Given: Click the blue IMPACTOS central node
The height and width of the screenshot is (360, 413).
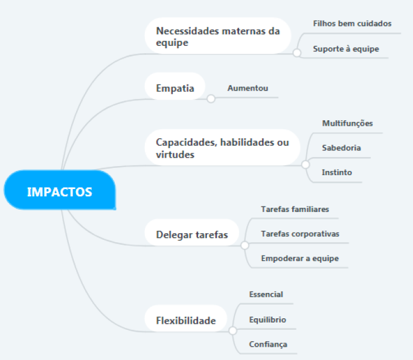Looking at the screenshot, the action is pos(59,192).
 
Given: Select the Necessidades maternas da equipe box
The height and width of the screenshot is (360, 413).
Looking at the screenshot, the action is pos(217,36).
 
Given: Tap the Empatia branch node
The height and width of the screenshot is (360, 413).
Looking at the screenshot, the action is pos(175,88).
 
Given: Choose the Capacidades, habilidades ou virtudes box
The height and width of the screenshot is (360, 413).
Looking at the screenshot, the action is pos(222,148).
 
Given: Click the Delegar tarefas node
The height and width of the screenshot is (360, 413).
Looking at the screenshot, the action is pos(192,234).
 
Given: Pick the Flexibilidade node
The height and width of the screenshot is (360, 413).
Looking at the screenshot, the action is pos(185,320).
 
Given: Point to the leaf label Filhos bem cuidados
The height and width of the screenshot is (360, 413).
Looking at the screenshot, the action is pos(352,24).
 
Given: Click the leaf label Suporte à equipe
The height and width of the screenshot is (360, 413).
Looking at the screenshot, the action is pos(346,49).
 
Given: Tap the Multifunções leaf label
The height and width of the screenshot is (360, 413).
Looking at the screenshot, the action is pos(347,123).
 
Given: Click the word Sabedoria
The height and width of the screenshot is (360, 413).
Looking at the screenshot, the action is pos(342,148).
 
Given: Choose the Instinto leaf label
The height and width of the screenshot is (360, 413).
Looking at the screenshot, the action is pos(337,173).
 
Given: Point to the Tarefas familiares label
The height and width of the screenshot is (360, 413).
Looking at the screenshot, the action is pos(295,209).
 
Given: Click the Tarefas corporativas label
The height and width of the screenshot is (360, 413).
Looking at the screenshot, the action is pos(300,234).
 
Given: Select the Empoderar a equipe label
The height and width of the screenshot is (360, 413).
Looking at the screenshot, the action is pos(299,259).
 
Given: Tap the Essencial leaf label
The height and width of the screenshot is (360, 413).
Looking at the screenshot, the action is pos(266,294).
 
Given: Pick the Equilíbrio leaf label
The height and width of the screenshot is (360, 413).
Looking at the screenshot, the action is pos(267,320).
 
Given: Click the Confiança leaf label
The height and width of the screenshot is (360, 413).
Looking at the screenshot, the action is pos(268,345).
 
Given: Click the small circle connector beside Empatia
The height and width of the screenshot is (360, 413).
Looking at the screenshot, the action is pos(211,99).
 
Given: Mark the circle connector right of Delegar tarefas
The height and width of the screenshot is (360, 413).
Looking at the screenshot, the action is pos(245,245).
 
